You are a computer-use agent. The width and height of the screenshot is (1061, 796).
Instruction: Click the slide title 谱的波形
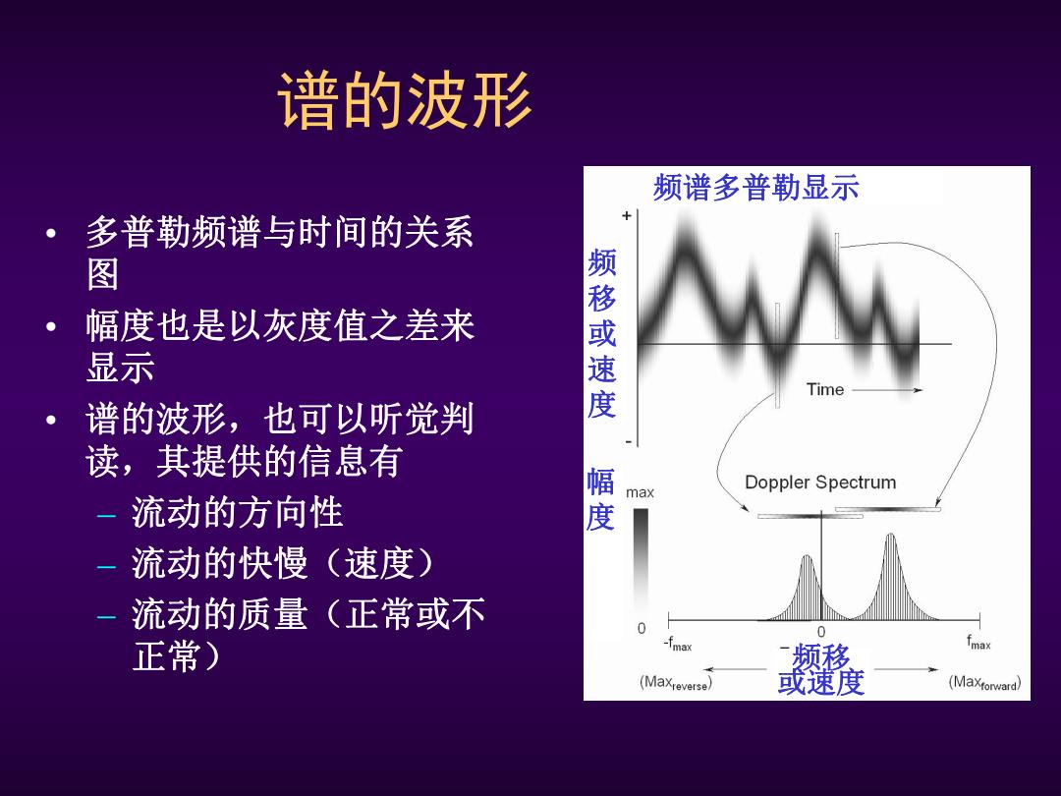tap(405, 100)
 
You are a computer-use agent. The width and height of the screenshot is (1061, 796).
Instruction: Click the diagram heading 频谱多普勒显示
tap(755, 187)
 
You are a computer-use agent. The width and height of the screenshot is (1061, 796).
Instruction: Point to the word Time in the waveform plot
tap(825, 389)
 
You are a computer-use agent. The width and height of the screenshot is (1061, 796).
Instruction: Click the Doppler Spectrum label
tap(820, 482)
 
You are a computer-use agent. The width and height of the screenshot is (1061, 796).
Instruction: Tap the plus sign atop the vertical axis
tap(627, 215)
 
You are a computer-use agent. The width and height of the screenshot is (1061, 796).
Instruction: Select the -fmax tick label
tap(677, 644)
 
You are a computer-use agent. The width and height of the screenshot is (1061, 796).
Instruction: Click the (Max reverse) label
tap(675, 683)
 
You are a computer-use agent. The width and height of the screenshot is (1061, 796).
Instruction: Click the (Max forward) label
tap(984, 682)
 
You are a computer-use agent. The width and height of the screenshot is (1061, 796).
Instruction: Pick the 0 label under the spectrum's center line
tap(820, 632)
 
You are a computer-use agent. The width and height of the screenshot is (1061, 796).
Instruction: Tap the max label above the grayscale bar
tap(640, 492)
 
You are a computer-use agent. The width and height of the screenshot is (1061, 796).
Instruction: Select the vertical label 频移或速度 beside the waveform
tap(601, 333)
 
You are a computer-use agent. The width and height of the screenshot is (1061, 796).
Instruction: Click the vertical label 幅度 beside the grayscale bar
tap(600, 499)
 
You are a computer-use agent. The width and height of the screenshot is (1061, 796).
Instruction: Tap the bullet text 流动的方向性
tap(237, 512)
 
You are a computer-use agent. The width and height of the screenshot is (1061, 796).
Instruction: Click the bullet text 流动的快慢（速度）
tap(282, 563)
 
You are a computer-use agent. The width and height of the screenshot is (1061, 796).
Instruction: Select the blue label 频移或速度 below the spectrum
tap(820, 669)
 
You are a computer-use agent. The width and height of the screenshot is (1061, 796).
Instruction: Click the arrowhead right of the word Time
tap(917, 390)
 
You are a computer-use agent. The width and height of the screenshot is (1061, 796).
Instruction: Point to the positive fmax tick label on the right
tap(978, 643)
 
